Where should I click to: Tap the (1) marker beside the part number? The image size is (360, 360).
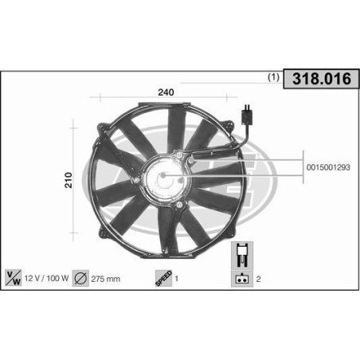point(272,79)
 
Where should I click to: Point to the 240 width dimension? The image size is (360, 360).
point(166,92)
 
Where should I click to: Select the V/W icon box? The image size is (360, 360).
point(14,278)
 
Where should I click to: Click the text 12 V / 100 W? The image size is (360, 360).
point(47,279)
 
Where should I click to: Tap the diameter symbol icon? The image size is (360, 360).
point(81,278)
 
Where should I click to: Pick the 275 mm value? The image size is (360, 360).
point(108,279)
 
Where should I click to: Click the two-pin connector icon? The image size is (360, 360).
point(241,278)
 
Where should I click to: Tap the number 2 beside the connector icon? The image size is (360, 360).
point(260,279)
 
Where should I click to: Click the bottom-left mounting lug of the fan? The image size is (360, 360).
point(101,232)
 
